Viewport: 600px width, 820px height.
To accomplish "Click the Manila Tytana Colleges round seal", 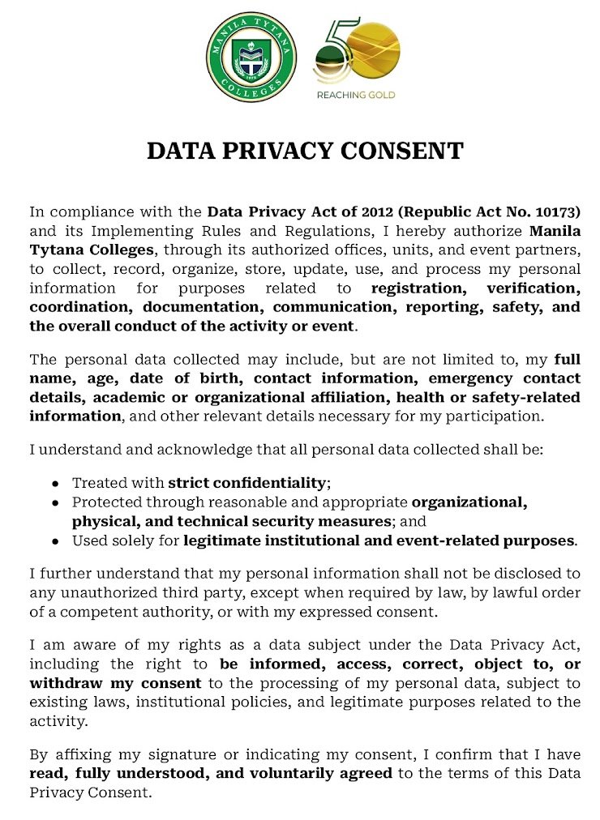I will (251, 57).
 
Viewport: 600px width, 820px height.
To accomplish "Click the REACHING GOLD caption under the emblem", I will (355, 95).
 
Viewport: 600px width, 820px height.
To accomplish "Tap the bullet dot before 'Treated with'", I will (55, 483).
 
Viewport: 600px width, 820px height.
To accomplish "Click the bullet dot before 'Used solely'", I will (55, 540).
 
